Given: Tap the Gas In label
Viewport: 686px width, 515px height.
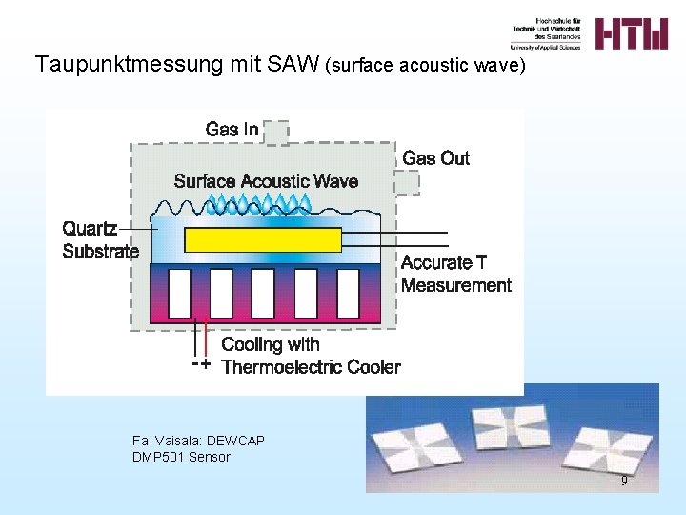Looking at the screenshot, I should tap(232, 129).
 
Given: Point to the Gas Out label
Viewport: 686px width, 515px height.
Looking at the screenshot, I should tap(435, 158).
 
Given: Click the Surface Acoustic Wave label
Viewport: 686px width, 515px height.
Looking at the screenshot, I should tap(266, 181).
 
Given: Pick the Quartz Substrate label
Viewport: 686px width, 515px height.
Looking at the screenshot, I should tap(100, 240).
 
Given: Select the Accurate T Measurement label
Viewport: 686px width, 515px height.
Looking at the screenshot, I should tap(455, 274).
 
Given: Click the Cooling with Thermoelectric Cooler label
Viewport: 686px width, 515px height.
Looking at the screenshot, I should tap(311, 356).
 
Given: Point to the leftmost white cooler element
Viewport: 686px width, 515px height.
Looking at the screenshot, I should tap(180, 294).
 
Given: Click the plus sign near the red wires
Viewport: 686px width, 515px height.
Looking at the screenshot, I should tap(205, 364).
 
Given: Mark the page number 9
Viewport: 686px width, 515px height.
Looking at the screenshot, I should tap(624, 481).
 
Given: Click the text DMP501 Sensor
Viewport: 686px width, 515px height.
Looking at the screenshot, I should tap(181, 457).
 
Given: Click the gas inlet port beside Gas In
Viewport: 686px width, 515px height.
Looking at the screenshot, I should tap(276, 132).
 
